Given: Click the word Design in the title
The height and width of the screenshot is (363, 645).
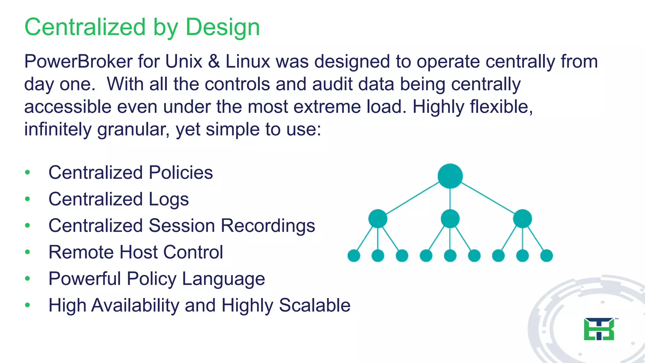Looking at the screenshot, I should coord(222,27).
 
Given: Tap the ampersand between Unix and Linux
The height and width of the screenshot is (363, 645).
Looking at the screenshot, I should coord(214,61).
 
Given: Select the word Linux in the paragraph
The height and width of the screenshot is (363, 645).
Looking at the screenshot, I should coord(248,61).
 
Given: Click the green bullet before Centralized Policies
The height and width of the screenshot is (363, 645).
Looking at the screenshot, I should coord(28,172).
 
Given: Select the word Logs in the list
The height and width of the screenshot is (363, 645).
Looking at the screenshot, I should coord(168,199).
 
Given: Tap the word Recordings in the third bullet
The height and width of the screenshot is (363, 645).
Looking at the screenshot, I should coord(268,226).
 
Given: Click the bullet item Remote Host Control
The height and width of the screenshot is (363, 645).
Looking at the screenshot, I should coord(136,252).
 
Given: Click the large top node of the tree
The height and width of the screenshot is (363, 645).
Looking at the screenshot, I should coord(450,176).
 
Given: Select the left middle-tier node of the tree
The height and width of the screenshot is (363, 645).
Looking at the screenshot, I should coord(378,218).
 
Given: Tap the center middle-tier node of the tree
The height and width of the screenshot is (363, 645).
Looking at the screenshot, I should coord(450,218).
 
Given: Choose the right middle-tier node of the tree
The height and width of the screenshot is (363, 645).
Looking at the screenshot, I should coord(522,218).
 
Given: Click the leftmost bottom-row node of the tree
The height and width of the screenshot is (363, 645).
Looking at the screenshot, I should coord(354,256).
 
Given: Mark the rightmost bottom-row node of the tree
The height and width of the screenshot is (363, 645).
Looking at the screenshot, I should coord(546,256).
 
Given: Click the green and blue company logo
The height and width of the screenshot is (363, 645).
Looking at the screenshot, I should coord(599,329).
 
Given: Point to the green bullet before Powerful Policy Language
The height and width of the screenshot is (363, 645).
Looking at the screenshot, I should coord(28,279).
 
